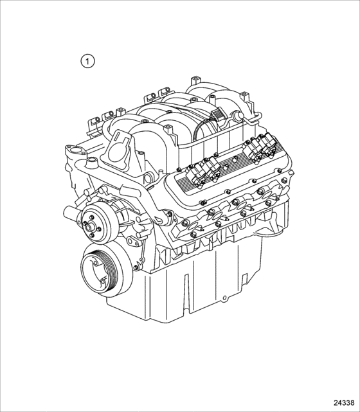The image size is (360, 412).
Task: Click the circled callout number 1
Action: [x=87, y=61]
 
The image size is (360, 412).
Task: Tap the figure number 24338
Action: [x=344, y=403]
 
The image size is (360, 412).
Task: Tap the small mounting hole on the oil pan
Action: [x=224, y=298]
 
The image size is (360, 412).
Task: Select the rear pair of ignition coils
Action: [x=258, y=147]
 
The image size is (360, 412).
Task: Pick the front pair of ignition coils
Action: [x=203, y=172]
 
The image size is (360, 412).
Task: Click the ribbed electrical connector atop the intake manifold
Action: [x=218, y=116]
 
